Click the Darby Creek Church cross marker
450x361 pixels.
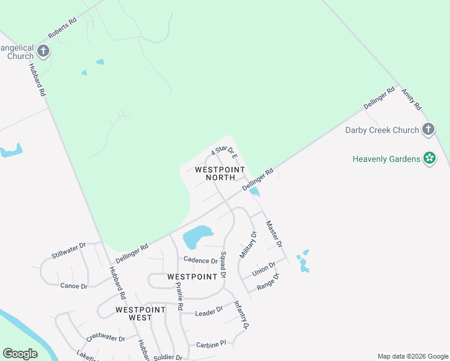[x=428, y=129]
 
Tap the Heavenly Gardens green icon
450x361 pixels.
[x=429, y=158]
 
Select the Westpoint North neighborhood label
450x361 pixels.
[x=220, y=173]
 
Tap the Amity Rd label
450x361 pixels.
[x=411, y=97]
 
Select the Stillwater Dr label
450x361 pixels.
[x=69, y=250]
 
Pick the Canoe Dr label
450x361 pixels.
[x=74, y=286]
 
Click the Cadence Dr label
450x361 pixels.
[x=200, y=261]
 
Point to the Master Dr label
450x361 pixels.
[x=274, y=233]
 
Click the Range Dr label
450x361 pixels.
[x=268, y=283]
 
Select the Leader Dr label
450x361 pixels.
[x=209, y=310]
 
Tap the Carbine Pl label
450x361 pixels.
[x=211, y=344]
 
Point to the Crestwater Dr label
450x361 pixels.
[x=105, y=339]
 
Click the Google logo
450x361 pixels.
[x=20, y=354]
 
